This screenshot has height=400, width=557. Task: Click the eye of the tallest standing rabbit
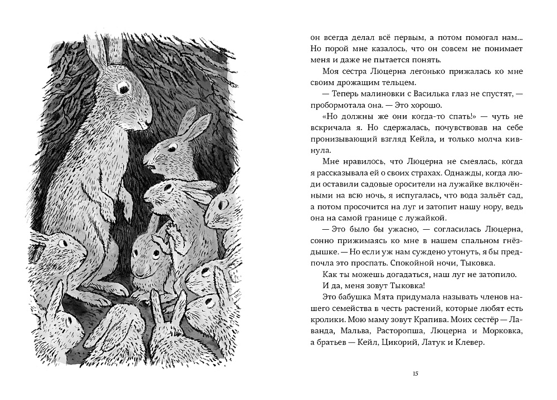121,86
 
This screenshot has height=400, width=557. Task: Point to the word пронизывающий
336,137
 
